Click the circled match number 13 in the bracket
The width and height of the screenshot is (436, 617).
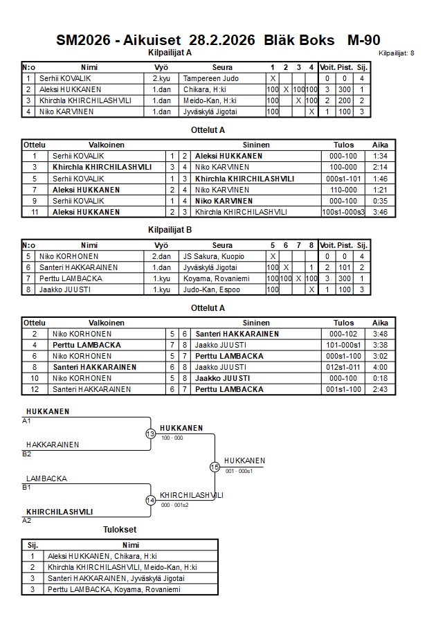tap(150, 433)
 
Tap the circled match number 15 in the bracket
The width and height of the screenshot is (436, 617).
tap(215, 467)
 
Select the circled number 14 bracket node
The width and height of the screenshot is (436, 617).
tap(150, 500)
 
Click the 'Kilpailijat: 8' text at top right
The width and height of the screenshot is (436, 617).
tap(397, 53)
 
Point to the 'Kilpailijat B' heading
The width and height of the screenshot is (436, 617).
tap(170, 229)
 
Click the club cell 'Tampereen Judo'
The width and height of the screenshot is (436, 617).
tap(210, 79)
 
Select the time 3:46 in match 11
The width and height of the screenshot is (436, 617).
tap(380, 212)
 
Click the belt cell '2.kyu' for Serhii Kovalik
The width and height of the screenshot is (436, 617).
tap(161, 79)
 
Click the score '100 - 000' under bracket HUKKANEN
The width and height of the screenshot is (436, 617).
tap(172, 438)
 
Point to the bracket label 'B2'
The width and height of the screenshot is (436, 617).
tap(27, 454)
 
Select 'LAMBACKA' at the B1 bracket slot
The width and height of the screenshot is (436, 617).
tap(46, 479)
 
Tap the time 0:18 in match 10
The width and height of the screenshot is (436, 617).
tap(380, 378)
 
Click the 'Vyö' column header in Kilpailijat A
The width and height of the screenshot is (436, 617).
tap(161, 67)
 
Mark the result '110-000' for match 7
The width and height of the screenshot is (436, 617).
tap(343, 190)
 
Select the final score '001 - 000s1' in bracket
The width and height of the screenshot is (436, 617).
tap(239, 471)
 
